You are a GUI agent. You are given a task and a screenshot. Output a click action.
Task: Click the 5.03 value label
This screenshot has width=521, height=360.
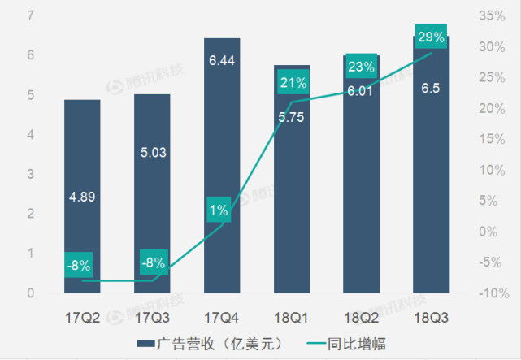click(x=152, y=151)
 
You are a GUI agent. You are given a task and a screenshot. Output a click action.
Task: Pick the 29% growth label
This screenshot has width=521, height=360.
click(x=430, y=36)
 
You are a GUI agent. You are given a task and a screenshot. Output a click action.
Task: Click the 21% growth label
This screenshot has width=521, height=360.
click(x=292, y=82)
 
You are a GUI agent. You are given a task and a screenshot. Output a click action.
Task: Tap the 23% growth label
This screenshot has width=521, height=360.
click(x=360, y=67)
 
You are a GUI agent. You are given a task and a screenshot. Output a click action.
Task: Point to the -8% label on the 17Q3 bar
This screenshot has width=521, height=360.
click(x=152, y=262)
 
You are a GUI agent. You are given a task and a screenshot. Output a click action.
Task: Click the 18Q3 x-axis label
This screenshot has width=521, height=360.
click(x=430, y=315)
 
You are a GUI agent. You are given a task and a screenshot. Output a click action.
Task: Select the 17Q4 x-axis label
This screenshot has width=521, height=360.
click(x=222, y=315)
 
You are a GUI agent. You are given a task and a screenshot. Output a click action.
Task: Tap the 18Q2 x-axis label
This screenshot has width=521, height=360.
click(x=360, y=315)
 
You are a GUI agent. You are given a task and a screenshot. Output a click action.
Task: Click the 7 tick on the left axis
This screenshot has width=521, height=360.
click(x=30, y=15)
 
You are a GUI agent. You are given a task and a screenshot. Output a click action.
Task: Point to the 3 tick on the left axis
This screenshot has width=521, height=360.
click(x=30, y=174)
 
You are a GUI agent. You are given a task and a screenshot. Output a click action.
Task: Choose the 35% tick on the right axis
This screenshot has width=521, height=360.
click(x=488, y=15)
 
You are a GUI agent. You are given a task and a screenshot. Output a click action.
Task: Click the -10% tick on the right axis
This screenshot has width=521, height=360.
click(x=487, y=293)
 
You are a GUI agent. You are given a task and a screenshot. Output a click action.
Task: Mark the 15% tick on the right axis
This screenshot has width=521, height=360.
click(x=488, y=139)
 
